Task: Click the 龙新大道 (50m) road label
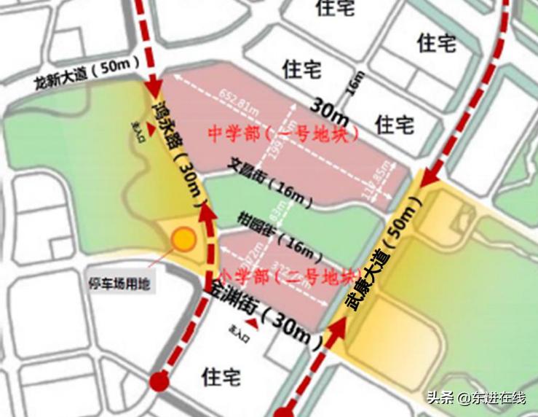point(87,73)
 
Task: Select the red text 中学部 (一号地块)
point(285,134)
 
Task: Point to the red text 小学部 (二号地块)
point(288,276)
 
